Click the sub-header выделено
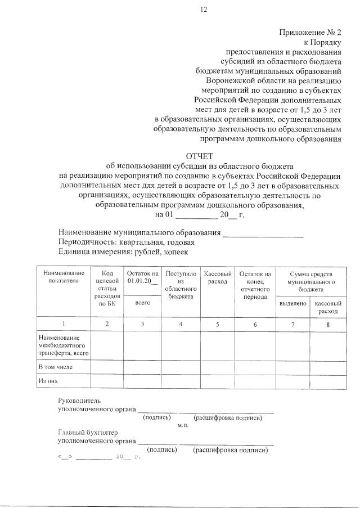(x=292, y=303)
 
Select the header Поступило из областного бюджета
(x=181, y=284)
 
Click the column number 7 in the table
(x=292, y=325)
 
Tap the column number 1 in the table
(x=63, y=325)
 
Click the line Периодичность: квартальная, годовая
(x=127, y=242)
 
